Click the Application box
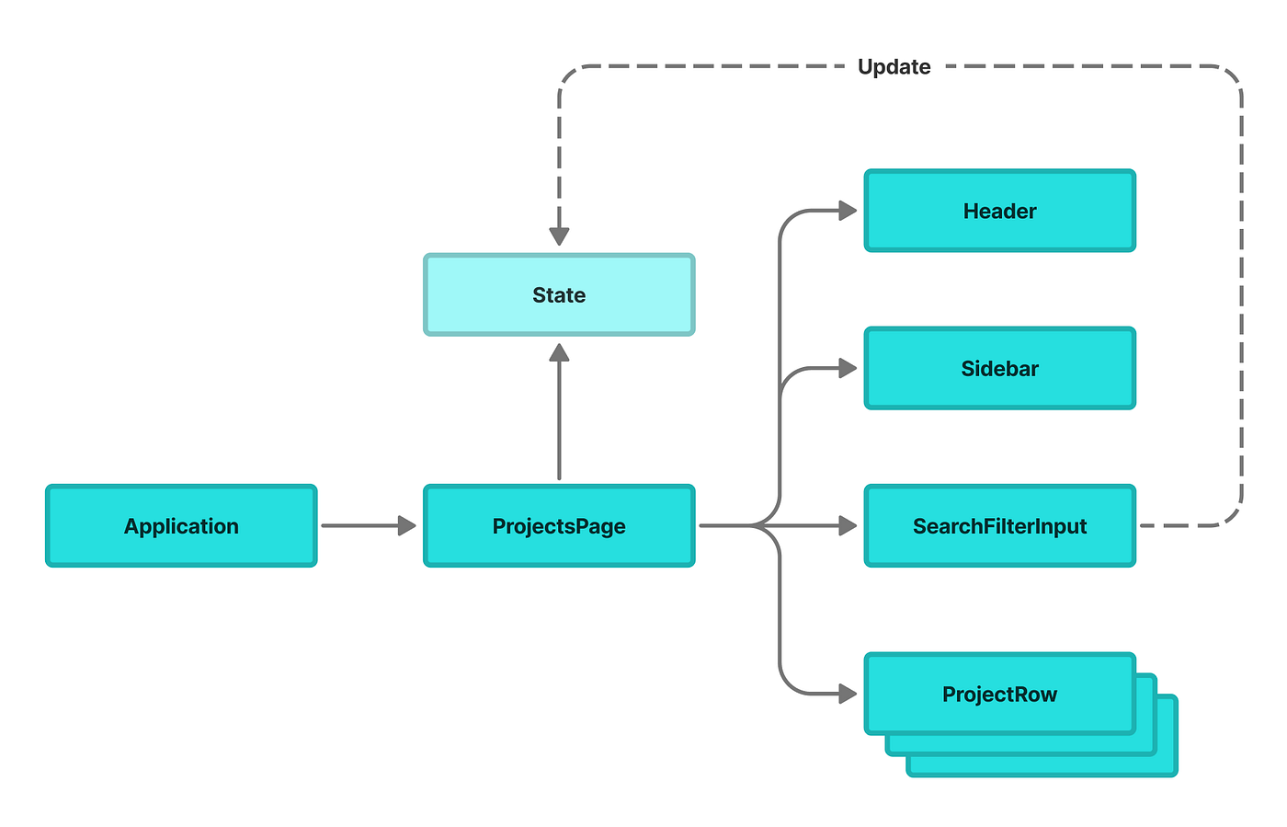181,525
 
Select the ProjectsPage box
559,525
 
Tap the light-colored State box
559,294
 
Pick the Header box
999,211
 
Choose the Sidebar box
999,368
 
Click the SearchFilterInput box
999,525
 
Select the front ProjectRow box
999,694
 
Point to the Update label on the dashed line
894,66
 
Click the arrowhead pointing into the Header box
847,211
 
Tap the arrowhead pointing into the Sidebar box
847,368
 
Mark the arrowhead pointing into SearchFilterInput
847,525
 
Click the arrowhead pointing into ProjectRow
847,694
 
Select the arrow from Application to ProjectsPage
368,525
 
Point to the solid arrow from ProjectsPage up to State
559,414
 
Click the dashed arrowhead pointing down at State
559,235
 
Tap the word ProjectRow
999,694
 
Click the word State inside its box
559,294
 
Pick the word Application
181,525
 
